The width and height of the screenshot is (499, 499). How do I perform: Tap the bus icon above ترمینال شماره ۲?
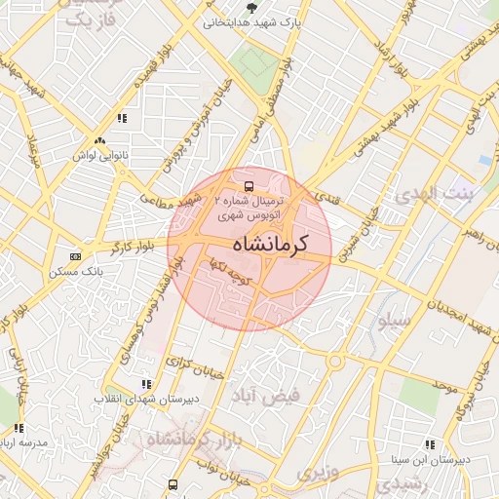249,183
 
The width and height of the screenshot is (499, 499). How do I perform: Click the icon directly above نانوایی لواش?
122,119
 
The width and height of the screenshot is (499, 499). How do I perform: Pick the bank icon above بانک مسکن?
76,255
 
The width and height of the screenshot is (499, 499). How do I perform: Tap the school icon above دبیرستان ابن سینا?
431,444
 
